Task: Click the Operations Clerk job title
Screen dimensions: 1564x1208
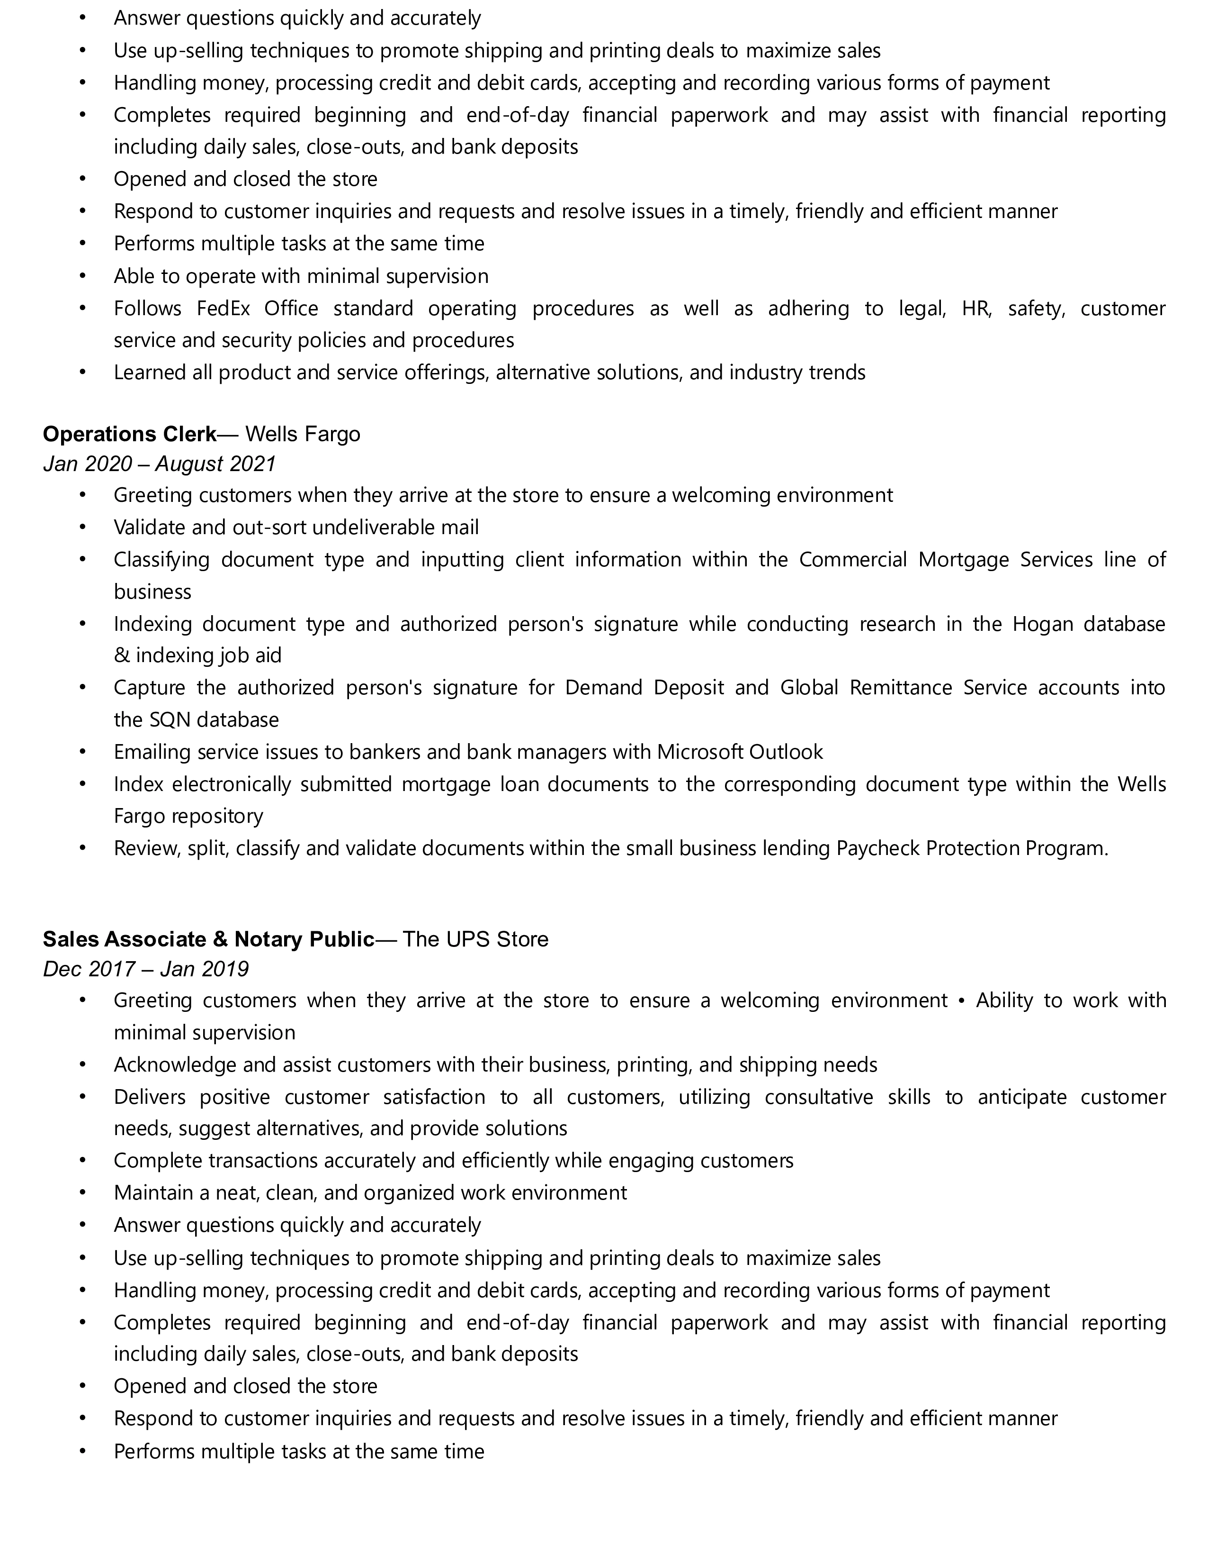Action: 130,434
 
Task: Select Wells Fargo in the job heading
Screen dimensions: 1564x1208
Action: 303,434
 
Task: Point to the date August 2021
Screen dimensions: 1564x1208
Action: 215,464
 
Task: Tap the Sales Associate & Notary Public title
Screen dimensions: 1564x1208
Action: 208,939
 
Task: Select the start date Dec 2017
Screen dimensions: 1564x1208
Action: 89,969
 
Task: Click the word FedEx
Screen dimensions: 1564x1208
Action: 224,309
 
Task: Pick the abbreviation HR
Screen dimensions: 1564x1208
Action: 976,309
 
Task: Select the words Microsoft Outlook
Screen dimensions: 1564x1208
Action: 740,752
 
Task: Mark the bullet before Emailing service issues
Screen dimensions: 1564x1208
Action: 82,752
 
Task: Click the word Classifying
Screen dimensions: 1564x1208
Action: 161,559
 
